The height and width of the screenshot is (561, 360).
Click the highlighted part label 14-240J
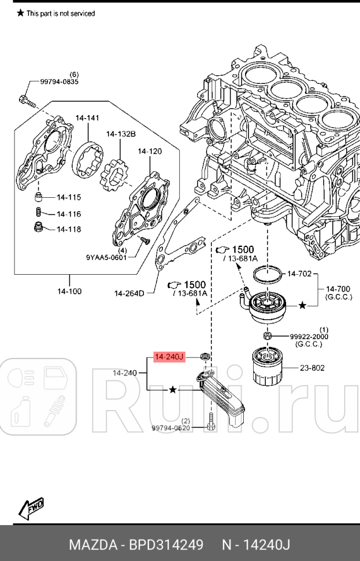pyautogui.click(x=169, y=357)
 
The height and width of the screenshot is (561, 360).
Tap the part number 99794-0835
pyautogui.click(x=59, y=82)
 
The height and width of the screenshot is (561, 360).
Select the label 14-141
pyautogui.click(x=87, y=118)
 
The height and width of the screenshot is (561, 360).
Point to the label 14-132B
pyautogui.click(x=120, y=134)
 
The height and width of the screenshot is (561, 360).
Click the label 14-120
pyautogui.click(x=150, y=152)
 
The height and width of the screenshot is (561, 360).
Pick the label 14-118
pyautogui.click(x=69, y=229)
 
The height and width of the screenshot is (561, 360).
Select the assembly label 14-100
pyautogui.click(x=69, y=291)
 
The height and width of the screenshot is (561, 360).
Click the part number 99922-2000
pyautogui.click(x=308, y=336)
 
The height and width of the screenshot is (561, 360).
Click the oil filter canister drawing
pyautogui.click(x=268, y=367)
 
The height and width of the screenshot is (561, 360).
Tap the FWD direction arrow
pyautogui.click(x=32, y=507)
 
